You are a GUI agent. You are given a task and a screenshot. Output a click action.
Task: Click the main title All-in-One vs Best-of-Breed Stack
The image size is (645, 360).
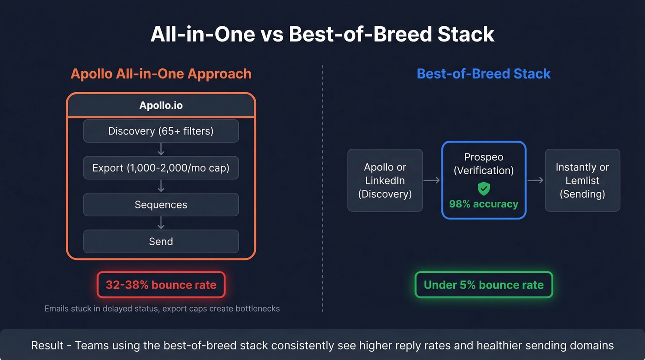(322, 35)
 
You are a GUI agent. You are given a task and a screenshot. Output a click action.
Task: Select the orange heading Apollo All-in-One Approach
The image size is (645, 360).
(161, 74)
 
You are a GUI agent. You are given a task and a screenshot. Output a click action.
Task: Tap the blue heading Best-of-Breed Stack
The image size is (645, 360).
(483, 74)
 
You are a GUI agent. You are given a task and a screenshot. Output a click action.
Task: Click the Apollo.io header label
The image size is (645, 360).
(161, 106)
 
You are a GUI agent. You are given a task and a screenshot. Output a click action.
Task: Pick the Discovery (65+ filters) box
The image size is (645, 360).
(161, 131)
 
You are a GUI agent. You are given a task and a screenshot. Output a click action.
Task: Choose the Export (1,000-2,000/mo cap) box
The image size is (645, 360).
(161, 168)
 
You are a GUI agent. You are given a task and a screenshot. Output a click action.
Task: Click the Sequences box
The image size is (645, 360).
(161, 205)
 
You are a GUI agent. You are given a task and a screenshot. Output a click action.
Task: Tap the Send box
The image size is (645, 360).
(161, 242)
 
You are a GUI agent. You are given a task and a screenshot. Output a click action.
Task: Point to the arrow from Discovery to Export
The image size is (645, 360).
(161, 149)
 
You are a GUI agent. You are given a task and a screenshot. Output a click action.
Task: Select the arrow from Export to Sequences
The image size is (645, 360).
(161, 186)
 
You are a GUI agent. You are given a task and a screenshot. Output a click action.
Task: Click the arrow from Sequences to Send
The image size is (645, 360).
(161, 223)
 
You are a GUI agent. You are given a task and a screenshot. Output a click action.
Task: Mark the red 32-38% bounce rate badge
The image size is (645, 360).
(161, 285)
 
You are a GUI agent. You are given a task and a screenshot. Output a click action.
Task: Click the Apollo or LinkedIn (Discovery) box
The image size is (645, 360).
(385, 180)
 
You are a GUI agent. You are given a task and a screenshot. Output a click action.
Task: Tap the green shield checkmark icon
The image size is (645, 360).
(483, 188)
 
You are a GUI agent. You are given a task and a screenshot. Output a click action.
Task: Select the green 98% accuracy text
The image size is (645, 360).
(483, 204)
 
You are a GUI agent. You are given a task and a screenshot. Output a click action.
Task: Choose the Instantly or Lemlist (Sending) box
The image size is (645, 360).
(582, 180)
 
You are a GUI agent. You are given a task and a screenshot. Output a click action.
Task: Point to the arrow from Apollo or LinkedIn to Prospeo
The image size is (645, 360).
(432, 180)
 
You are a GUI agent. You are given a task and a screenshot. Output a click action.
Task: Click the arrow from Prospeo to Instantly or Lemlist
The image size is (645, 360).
(535, 180)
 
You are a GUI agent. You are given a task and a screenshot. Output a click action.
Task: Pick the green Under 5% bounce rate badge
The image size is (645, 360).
(483, 285)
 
